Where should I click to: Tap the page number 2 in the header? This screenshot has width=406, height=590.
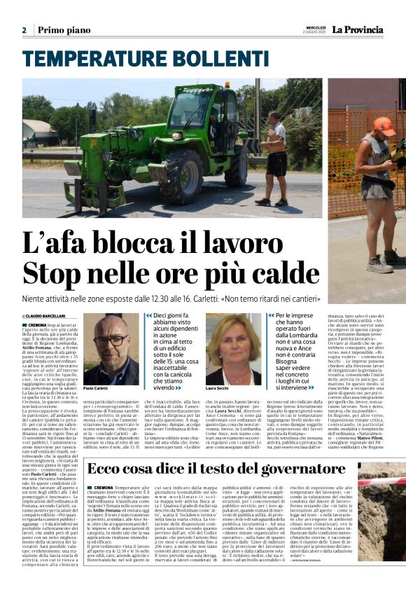24,30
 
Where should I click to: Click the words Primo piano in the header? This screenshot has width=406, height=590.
64,30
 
